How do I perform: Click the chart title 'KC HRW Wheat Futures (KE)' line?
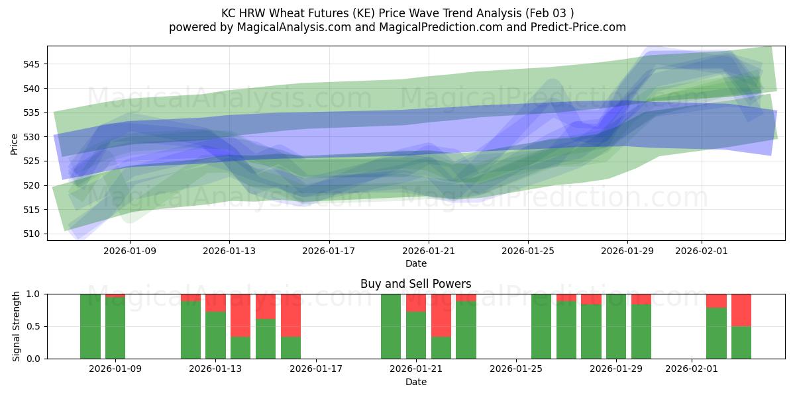click(397, 13)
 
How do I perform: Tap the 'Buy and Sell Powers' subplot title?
click(415, 284)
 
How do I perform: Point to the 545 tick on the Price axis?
click(33, 64)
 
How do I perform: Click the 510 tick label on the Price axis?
click(33, 234)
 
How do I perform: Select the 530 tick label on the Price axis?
click(33, 137)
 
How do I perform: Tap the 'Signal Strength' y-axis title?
click(17, 326)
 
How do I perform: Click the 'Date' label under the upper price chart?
click(415, 263)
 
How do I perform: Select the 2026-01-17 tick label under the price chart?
click(329, 251)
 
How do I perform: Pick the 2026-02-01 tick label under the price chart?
click(702, 251)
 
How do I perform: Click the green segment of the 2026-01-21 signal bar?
click(416, 335)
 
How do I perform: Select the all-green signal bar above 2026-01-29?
click(616, 326)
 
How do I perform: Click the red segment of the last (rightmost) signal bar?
click(741, 310)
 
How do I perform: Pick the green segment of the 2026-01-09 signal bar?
click(115, 328)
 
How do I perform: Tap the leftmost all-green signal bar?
click(90, 326)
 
